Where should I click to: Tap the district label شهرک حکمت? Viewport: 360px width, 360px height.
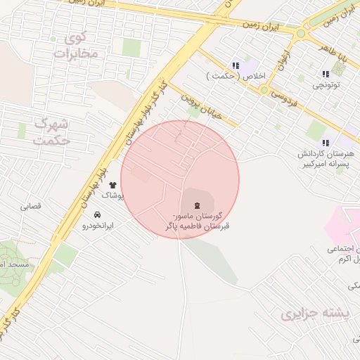(52, 131)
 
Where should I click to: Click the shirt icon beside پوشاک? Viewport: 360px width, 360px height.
(112, 185)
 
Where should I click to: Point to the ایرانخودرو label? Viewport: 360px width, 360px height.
(98, 226)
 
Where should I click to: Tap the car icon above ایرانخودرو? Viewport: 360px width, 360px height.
(97, 214)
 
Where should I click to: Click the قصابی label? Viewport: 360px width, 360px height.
(31, 207)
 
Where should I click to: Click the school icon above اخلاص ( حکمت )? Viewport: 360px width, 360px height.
(234, 65)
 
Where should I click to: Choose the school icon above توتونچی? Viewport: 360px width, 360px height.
(325, 74)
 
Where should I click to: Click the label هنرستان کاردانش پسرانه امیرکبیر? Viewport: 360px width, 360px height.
(326, 158)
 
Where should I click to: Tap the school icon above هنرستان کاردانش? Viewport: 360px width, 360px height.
(325, 142)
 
